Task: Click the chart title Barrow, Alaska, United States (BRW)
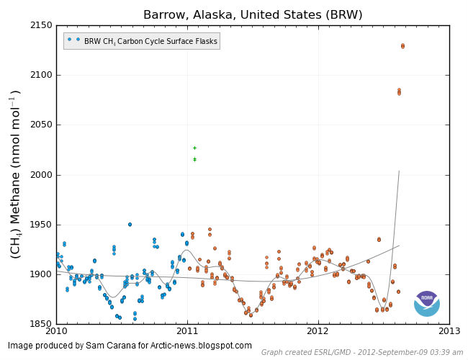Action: point(253,14)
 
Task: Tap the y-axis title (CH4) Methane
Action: point(15,174)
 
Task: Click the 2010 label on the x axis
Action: point(56,331)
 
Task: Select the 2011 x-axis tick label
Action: point(187,331)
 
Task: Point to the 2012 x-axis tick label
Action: point(318,331)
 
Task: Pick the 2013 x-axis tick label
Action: point(449,331)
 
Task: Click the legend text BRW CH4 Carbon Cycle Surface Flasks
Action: point(150,42)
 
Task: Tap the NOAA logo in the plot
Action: point(427,303)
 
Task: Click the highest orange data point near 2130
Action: point(402,46)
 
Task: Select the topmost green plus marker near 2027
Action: point(194,148)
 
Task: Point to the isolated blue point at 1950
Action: point(130,224)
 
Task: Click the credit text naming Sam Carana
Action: point(130,346)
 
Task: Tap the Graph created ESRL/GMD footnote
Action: point(362,352)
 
